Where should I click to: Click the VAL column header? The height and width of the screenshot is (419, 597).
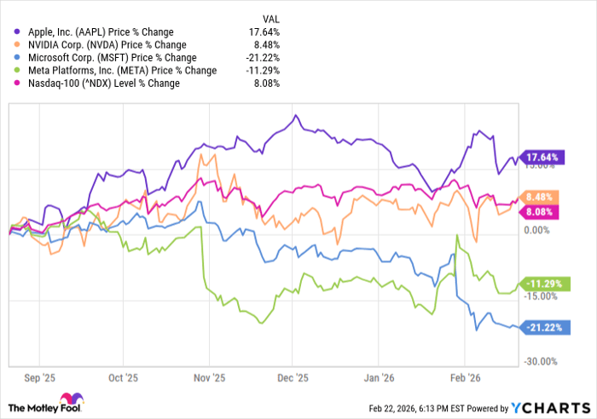[271, 16]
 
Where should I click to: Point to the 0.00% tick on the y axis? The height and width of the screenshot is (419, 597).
[540, 230]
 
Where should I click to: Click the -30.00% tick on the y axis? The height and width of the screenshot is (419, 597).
[540, 362]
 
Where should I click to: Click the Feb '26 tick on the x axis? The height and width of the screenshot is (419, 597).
[463, 376]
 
